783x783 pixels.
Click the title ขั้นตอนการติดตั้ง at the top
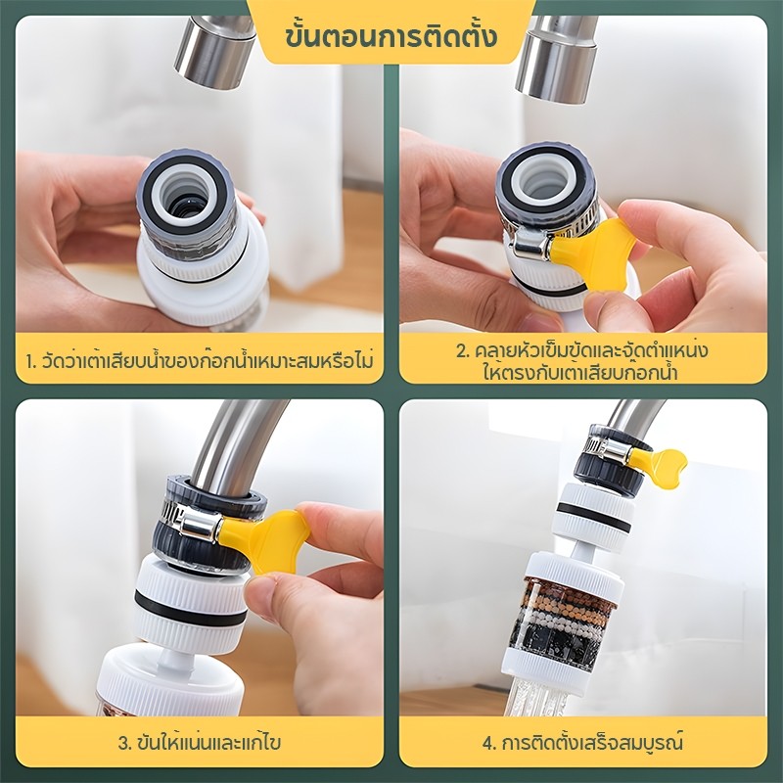pos(391,36)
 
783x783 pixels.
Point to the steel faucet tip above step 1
pos(214,52)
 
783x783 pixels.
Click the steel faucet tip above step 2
pos(557,59)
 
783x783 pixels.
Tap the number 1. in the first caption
pos(32,360)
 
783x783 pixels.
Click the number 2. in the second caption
pos(462,350)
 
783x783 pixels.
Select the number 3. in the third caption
pos(124,743)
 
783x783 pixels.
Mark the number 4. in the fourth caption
pos(489,743)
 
